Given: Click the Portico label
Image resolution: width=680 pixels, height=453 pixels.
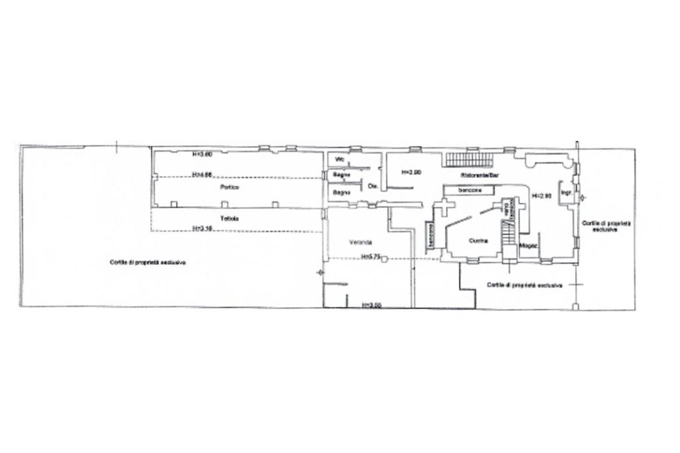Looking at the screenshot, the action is (230, 188).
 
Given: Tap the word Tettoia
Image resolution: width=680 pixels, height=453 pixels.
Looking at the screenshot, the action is (230, 219).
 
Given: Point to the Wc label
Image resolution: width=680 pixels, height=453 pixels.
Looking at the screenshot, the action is (339, 159).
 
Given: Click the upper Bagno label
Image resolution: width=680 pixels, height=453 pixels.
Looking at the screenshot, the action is (341, 175).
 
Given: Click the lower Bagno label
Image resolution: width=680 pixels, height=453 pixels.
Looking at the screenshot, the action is (341, 193).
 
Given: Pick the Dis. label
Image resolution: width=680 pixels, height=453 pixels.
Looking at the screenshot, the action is (373, 187).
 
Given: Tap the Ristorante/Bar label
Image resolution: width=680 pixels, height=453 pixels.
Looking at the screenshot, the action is (479, 175).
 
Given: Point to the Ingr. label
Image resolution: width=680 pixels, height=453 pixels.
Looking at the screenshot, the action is (566, 193).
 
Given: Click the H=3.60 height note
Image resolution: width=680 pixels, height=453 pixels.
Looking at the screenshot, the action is (202, 155).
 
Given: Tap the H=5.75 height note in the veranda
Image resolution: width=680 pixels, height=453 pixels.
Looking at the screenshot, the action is (370, 256).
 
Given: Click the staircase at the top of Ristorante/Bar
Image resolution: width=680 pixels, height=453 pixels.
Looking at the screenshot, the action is (469, 159).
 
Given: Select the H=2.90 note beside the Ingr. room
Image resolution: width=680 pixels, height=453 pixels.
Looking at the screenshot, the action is (543, 196).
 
